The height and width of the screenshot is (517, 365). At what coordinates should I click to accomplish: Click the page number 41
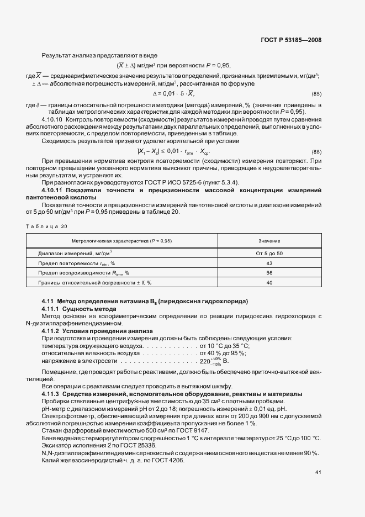click(x=318, y=472)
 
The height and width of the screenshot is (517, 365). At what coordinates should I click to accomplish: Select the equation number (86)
click(x=316, y=151)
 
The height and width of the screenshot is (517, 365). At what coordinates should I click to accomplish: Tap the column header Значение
click(x=269, y=241)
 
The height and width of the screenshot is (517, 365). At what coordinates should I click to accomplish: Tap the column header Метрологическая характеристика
click(x=122, y=241)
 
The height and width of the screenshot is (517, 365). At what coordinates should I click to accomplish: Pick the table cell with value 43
click(x=269, y=263)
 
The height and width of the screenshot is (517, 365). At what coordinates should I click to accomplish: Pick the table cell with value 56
click(x=269, y=273)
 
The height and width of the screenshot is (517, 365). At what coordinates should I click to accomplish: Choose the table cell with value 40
click(x=269, y=283)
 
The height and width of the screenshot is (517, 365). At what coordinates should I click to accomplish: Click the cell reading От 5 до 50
click(x=269, y=253)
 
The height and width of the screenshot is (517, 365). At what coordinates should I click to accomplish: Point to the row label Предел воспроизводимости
click(x=83, y=273)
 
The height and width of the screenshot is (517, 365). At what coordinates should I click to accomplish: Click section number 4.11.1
click(x=51, y=308)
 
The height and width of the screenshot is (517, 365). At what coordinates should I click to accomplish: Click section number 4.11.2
click(x=51, y=331)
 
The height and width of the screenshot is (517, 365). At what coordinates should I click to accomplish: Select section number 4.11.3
click(x=51, y=394)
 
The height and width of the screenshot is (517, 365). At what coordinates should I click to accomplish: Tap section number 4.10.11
click(x=53, y=190)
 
